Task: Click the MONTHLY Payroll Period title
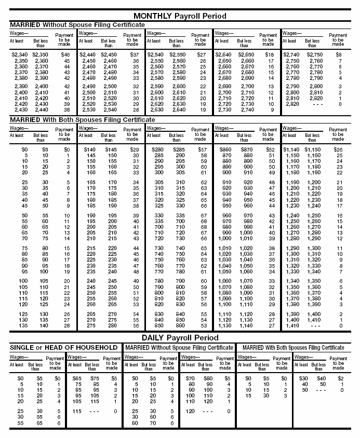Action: (x=180, y=16)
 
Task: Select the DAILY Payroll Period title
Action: (x=180, y=338)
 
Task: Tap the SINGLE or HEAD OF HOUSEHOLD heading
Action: (x=64, y=347)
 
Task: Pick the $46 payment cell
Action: (x=65, y=54)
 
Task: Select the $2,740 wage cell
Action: (x=291, y=54)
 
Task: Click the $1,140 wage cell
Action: (x=291, y=149)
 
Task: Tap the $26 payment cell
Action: (x=338, y=149)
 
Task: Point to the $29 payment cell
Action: (x=135, y=149)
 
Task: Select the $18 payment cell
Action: (x=269, y=54)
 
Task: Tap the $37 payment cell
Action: (x=134, y=54)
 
